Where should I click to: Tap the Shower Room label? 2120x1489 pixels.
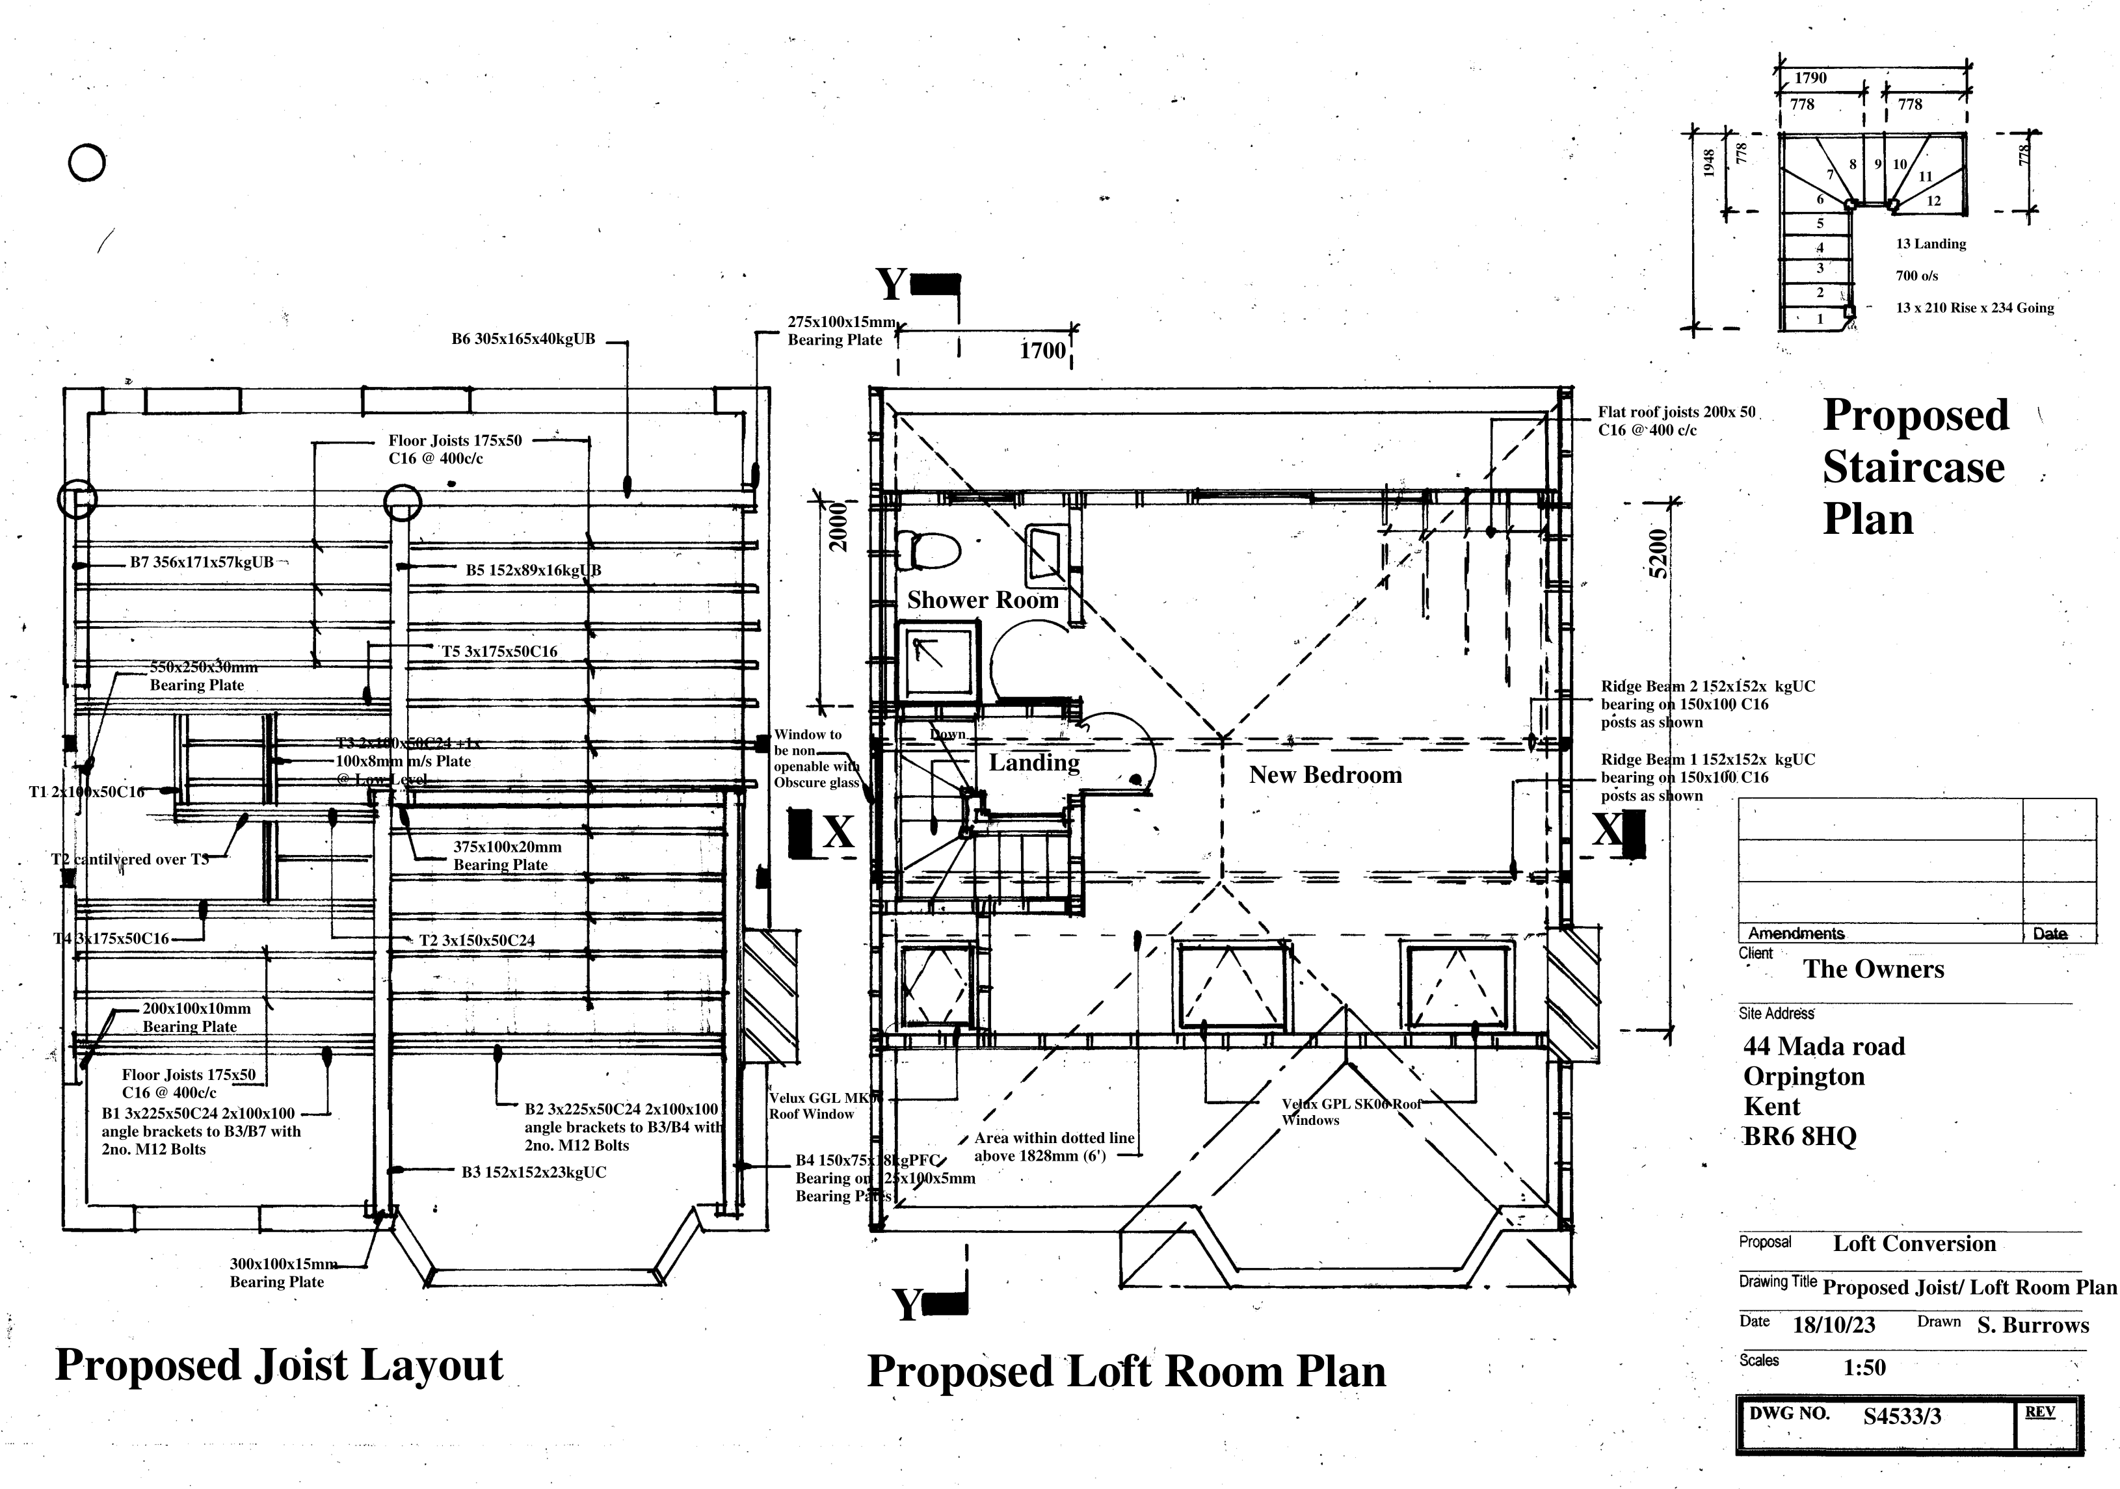pyautogui.click(x=983, y=600)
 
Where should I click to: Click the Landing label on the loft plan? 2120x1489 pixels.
pyautogui.click(x=1033, y=763)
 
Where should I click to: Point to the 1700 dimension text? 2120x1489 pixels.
pyautogui.click(x=1042, y=350)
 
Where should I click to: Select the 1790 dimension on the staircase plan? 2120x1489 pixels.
pyautogui.click(x=1810, y=79)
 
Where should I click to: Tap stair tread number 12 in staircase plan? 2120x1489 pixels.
pyautogui.click(x=1933, y=200)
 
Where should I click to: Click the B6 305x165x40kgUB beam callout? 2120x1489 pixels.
pyautogui.click(x=523, y=339)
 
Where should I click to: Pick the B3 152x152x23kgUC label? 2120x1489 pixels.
pyautogui.click(x=534, y=1172)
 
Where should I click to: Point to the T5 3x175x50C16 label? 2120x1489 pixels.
pyautogui.click(x=499, y=652)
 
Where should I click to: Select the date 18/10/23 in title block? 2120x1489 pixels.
pyautogui.click(x=1834, y=1324)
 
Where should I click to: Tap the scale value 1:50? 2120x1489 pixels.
pyautogui.click(x=1864, y=1367)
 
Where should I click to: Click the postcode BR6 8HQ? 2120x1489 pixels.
pyautogui.click(x=1799, y=1137)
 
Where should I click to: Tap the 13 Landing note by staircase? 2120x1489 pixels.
pyautogui.click(x=1931, y=244)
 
